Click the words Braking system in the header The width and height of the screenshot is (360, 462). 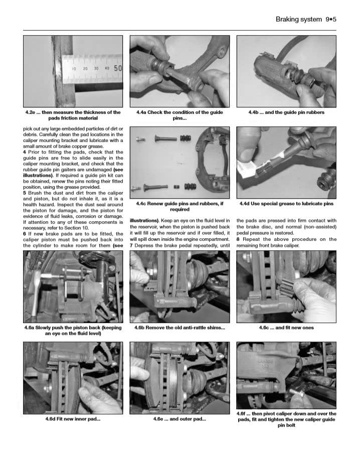pyautogui.click(x=299, y=20)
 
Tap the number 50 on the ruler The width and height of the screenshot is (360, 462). pyautogui.click(x=118, y=68)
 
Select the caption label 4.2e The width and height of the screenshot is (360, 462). pyautogui.click(x=32, y=112)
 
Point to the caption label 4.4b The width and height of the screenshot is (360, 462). pyautogui.click(x=256, y=112)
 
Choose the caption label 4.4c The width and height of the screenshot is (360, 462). pyautogui.click(x=142, y=204)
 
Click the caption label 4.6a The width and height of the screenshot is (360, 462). pyautogui.click(x=31, y=328)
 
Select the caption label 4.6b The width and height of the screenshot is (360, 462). pyautogui.click(x=141, y=328)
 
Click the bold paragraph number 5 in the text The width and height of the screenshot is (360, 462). pyautogui.click(x=25, y=193)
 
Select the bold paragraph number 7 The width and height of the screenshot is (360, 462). pyautogui.click(x=131, y=246)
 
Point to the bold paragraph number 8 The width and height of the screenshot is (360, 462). pyautogui.click(x=238, y=239)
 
